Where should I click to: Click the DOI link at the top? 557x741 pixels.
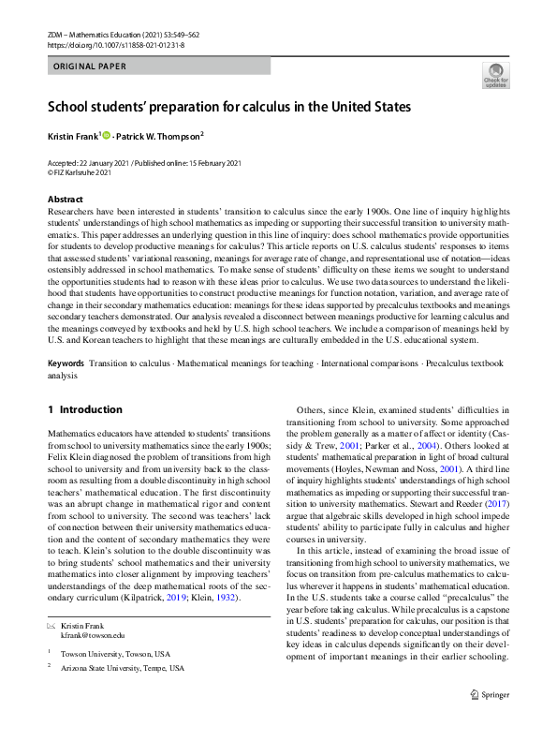[x=115, y=44]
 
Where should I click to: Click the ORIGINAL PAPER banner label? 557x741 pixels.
[x=89, y=67]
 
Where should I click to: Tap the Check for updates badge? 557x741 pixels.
[x=496, y=77]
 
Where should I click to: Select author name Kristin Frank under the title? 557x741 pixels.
[x=72, y=137]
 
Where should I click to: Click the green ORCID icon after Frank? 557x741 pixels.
[x=106, y=136]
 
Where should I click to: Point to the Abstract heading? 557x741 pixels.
[x=66, y=200]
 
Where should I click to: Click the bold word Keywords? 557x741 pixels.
[x=66, y=363]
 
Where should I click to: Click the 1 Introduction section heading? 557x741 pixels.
[x=84, y=409]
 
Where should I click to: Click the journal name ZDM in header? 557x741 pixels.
[x=55, y=34]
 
